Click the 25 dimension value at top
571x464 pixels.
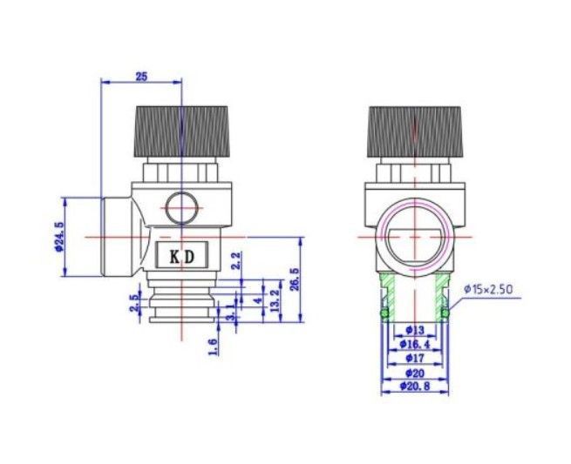coord(141,77)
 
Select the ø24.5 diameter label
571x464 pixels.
coord(59,237)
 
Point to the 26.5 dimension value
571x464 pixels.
coord(295,279)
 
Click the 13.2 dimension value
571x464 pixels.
coord(275,300)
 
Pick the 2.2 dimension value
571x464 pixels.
coord(236,260)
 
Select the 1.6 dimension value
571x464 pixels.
coord(214,346)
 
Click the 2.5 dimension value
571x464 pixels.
coord(135,303)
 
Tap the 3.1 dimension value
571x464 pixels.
coord(230,312)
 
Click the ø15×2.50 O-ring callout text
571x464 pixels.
coord(488,289)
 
